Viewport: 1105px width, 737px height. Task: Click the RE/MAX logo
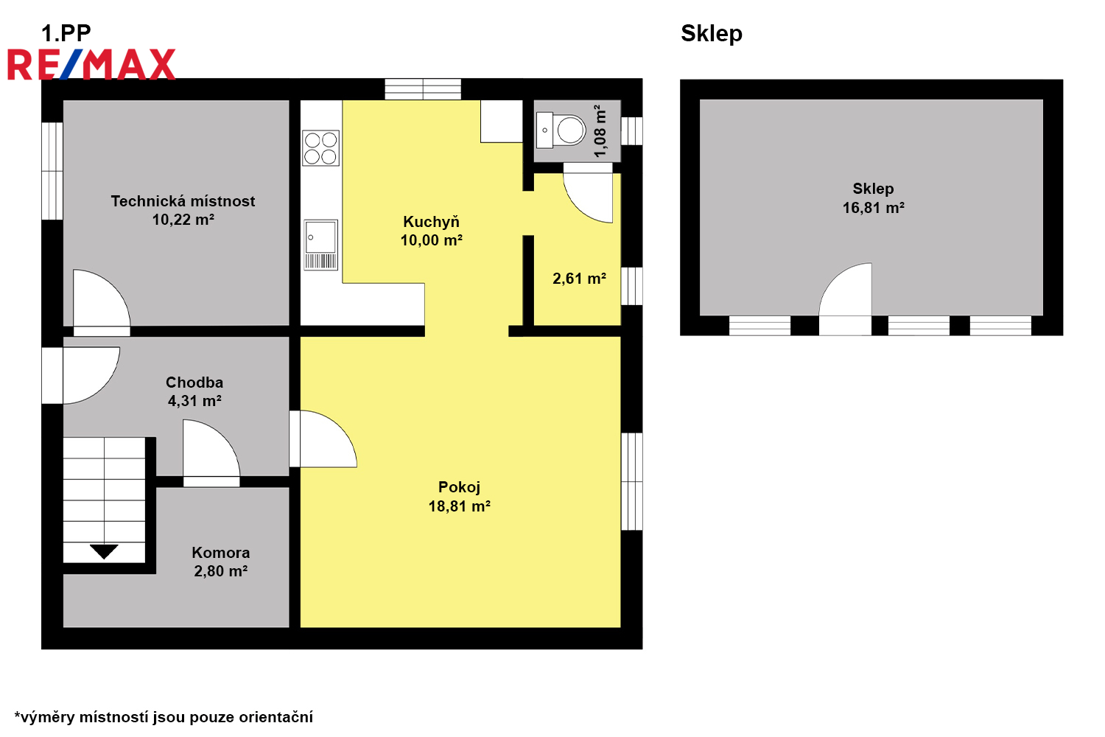coord(91,64)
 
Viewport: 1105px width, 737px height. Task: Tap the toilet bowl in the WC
coord(570,130)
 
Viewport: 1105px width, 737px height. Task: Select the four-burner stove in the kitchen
coord(320,148)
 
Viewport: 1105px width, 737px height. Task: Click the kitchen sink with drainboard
coord(320,245)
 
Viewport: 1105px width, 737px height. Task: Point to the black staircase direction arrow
coord(104,551)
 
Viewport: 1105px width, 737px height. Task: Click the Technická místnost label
coord(183,201)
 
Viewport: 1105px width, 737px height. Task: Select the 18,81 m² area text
coord(459,506)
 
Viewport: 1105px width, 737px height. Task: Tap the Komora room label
coord(220,552)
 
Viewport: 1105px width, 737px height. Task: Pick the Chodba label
coord(194,383)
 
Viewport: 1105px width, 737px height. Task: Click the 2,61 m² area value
coord(579,279)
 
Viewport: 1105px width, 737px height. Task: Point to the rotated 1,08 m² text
coord(600,131)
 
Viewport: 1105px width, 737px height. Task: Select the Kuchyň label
coord(431,222)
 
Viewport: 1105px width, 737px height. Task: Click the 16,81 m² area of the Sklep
coord(873,208)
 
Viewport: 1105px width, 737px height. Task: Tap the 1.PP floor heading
coord(66,34)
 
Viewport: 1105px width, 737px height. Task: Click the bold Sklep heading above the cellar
coord(712,34)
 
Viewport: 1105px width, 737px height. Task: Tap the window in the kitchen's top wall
coord(423,89)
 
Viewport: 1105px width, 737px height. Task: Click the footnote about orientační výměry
coord(164,717)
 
